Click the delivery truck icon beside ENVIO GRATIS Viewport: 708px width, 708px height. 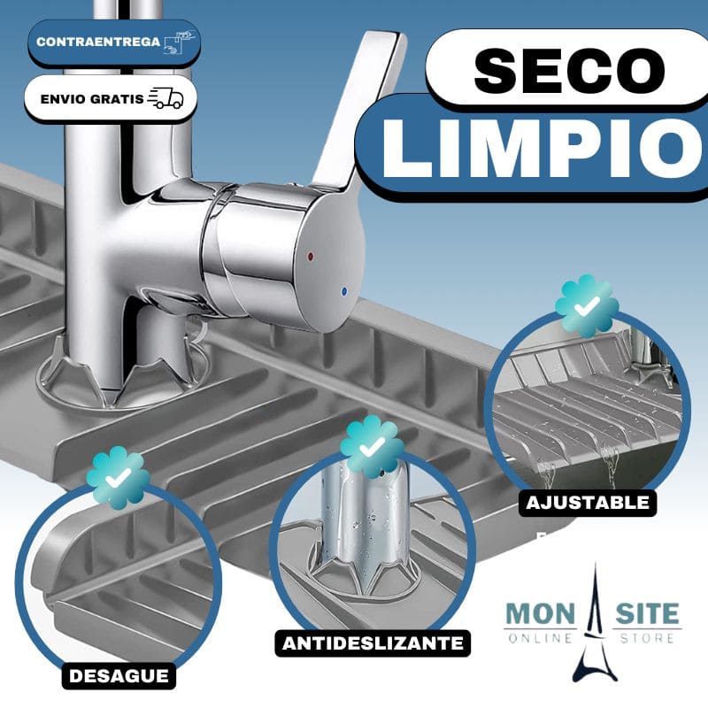click(165, 98)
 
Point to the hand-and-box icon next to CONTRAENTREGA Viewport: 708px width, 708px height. click(181, 42)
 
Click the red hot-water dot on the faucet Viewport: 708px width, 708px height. click(311, 257)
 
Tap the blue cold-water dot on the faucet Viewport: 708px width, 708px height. click(344, 291)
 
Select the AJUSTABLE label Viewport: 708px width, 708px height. click(588, 503)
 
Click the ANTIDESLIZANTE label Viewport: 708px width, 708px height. click(373, 643)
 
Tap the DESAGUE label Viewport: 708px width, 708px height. click(119, 676)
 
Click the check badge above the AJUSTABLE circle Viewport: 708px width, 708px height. click(587, 306)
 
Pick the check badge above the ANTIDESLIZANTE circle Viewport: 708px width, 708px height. click(372, 447)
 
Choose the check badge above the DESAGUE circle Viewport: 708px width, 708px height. click(119, 478)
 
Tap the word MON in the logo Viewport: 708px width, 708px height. click(541, 613)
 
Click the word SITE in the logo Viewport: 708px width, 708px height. click(648, 613)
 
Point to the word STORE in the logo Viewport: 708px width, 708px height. click(648, 638)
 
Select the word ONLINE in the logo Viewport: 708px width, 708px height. click(541, 638)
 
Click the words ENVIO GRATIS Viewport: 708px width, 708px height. click(92, 99)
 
